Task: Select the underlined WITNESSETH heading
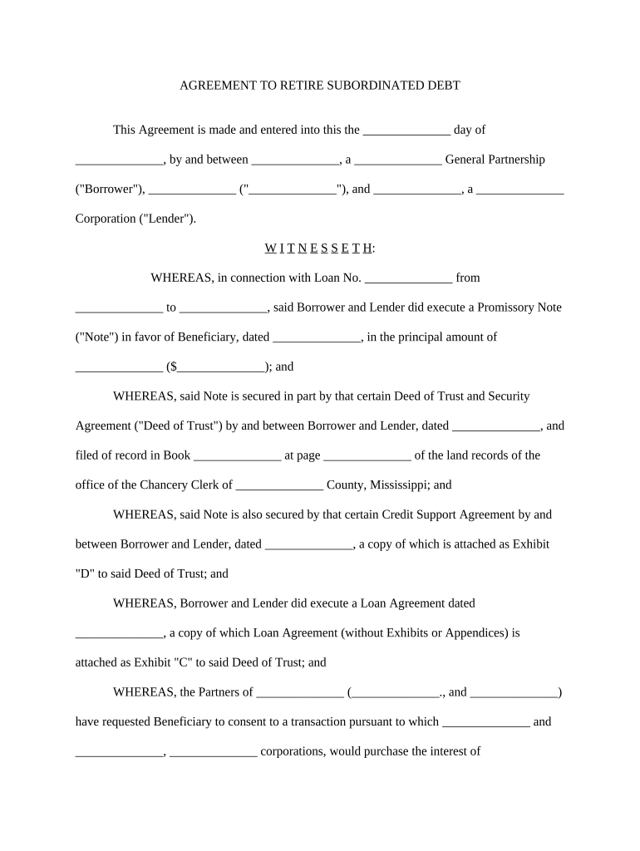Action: pos(319,248)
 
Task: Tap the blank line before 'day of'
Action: pos(407,130)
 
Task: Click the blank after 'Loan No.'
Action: pos(409,278)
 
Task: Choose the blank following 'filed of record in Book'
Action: pos(237,456)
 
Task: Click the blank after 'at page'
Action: pos(367,456)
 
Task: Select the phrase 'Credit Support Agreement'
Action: pos(449,515)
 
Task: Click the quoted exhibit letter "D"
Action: pos(85,574)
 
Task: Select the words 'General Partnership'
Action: pos(495,160)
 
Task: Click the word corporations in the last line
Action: pos(299,752)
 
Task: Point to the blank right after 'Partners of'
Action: pos(300,692)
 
